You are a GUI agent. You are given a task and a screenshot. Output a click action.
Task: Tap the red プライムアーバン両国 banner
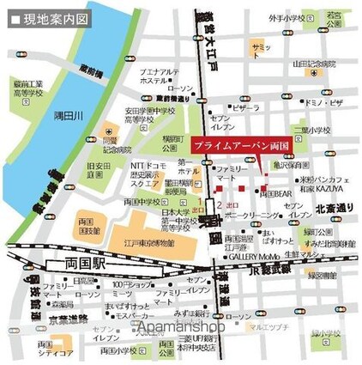point(236,147)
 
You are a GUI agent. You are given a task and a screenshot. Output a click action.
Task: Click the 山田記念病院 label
point(314,64)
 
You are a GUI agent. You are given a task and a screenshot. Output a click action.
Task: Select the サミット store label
point(262,46)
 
